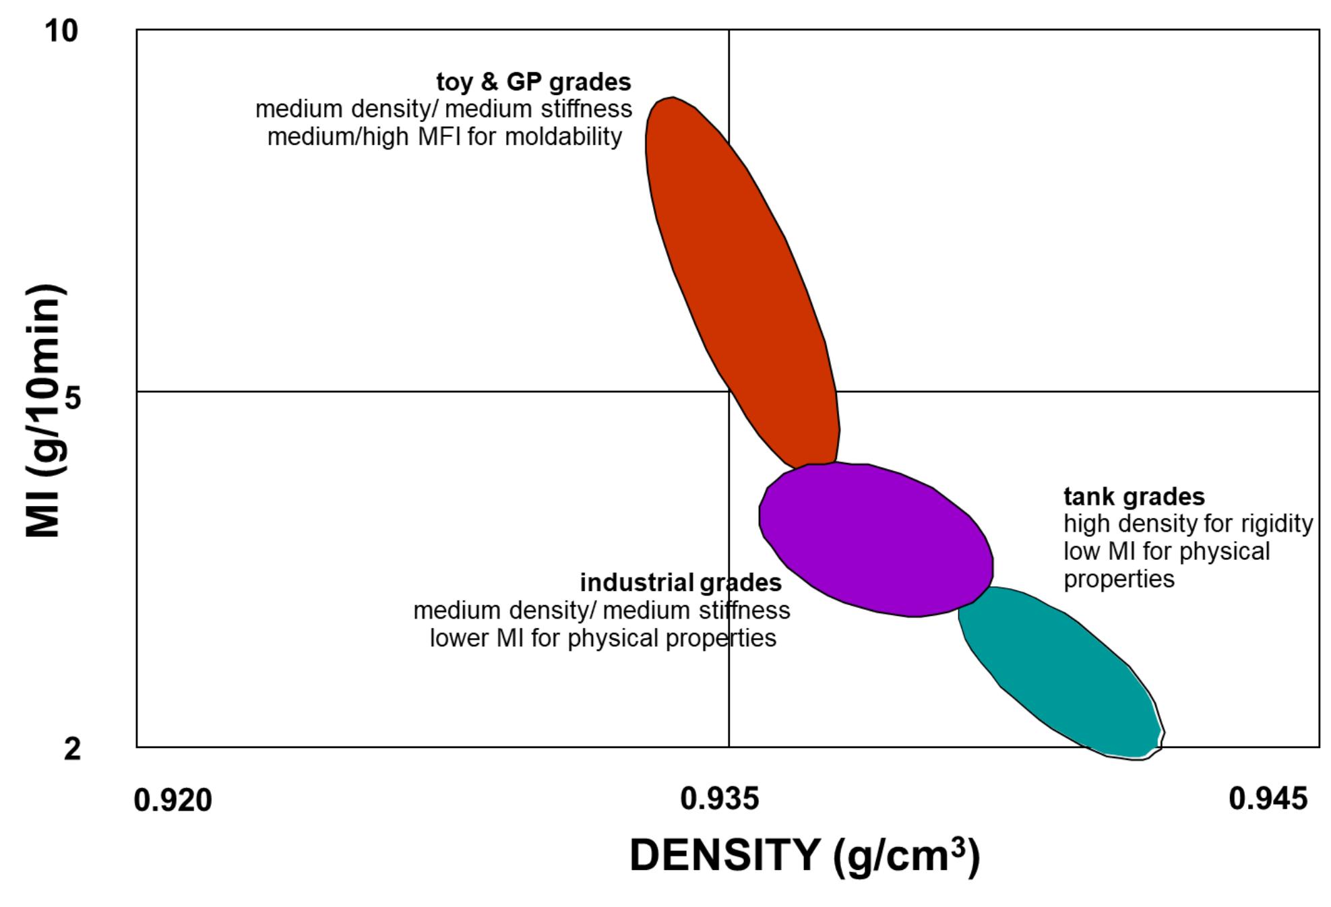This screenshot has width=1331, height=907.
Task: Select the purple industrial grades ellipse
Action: tap(876, 539)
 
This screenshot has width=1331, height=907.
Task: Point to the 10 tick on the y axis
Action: tap(61, 31)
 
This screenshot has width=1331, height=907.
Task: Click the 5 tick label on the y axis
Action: tap(72, 399)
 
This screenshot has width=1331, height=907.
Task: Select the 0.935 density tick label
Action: tap(719, 799)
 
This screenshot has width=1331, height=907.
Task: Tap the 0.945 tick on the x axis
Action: tap(1268, 799)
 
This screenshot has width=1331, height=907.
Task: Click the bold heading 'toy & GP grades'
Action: tap(534, 82)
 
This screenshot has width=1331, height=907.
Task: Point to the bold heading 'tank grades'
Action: tap(1134, 497)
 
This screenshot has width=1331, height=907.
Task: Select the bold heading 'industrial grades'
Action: tap(681, 583)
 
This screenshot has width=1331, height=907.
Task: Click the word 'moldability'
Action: tap(563, 137)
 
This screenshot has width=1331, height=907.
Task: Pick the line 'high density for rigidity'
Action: tap(1188, 524)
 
